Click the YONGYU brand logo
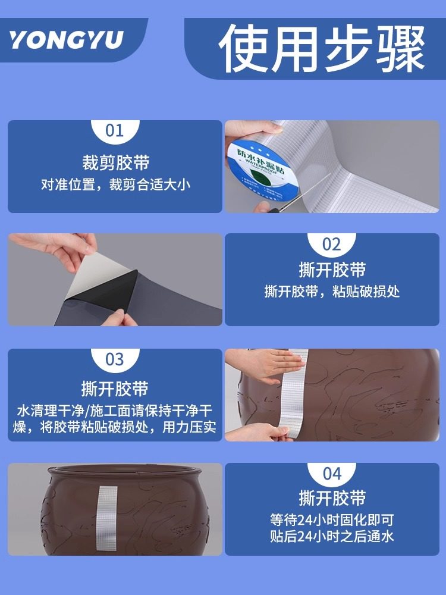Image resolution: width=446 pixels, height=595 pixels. click(67, 40)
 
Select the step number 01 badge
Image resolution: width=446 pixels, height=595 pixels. click(115, 130)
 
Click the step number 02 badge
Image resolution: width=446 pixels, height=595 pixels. click(332, 244)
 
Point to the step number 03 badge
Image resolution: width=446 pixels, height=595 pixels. click(115, 359)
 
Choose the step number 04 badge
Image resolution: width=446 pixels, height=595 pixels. click(332, 474)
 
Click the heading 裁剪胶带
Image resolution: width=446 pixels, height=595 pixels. click(115, 162)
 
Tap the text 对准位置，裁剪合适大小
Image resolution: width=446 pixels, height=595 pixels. click(115, 184)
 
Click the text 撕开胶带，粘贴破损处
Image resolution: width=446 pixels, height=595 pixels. click(332, 292)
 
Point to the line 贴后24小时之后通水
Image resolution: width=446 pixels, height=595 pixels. click(332, 537)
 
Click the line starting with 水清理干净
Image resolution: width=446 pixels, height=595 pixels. click(115, 411)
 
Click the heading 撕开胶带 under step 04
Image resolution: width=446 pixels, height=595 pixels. click(332, 499)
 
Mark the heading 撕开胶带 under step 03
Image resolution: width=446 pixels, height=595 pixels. click(115, 389)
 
